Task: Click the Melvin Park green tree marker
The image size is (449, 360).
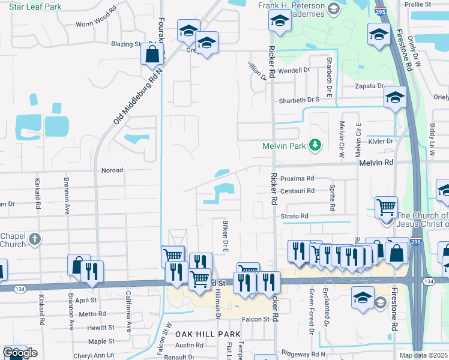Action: tap(314, 145)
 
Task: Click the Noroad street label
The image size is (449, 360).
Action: tap(112, 170)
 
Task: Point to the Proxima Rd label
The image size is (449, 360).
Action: tap(297, 178)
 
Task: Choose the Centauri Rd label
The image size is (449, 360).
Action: tap(298, 191)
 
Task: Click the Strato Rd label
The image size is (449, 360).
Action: tap(294, 216)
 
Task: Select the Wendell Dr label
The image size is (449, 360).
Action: tap(294, 70)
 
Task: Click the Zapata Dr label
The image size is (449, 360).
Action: tap(369, 86)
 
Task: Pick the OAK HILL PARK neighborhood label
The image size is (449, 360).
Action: tap(199, 333)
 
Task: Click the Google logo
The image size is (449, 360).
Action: tap(19, 353)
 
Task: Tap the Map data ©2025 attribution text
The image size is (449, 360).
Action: tap(423, 355)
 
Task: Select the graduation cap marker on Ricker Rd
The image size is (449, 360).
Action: tap(278, 21)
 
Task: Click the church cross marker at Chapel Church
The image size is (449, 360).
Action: tap(35, 239)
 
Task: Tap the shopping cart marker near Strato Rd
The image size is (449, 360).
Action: tap(386, 207)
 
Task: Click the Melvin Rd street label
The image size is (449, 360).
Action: tap(376, 163)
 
